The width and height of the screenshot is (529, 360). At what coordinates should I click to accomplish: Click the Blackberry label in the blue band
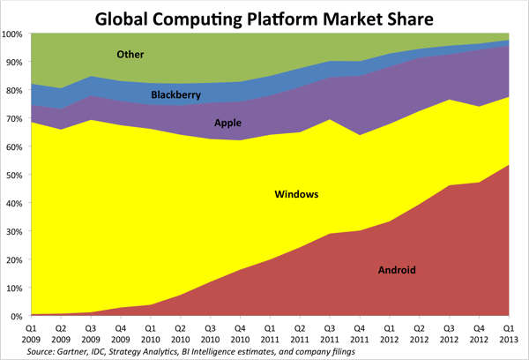coord(179,94)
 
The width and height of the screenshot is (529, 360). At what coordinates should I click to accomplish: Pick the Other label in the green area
coord(131,55)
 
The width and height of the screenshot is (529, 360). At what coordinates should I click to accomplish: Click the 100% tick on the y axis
coord(13,34)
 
